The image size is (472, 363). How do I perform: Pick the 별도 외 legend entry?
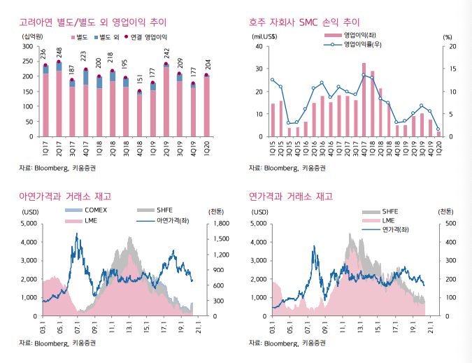(x=108, y=36)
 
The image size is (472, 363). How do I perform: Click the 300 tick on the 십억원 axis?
(x=28, y=46)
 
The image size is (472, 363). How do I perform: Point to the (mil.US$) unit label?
(x=264, y=36)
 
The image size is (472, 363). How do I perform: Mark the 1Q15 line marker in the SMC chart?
(x=273, y=80)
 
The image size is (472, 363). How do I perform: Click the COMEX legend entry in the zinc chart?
(x=95, y=210)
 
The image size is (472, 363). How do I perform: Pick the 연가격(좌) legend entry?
(x=396, y=229)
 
